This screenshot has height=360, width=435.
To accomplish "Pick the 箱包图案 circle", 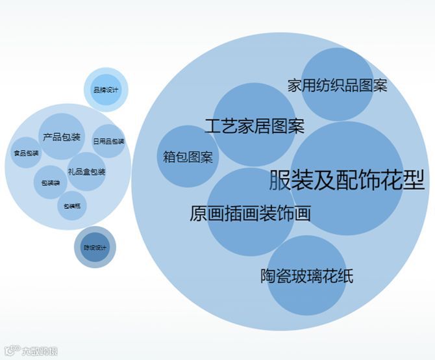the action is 188,157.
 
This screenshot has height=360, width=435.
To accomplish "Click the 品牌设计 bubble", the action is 106,90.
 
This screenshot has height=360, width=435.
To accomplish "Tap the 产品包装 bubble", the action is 62,137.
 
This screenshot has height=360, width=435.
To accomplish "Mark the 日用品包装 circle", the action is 108,141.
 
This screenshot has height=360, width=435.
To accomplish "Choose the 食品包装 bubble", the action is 26,153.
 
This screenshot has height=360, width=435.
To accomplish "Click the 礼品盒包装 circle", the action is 86,172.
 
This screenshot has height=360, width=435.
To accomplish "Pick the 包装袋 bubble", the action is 50,183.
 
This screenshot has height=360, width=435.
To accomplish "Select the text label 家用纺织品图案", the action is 338,85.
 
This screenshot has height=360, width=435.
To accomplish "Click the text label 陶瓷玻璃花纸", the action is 306,276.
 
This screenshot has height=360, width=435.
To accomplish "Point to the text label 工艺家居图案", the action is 255,125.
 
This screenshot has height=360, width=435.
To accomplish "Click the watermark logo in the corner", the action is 30,351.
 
